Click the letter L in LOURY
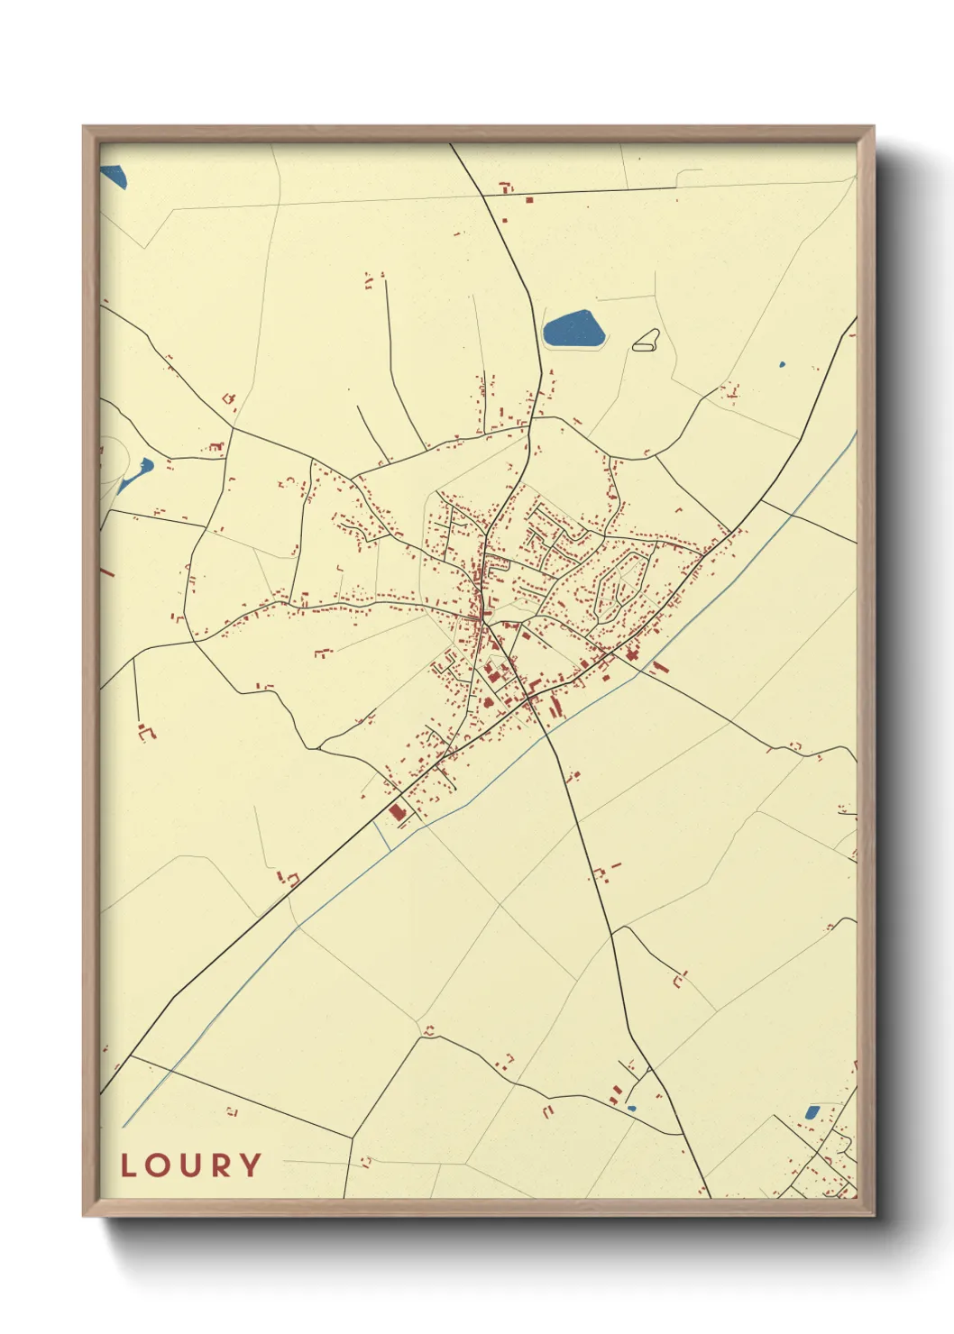(x=129, y=1165)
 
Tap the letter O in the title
(x=161, y=1165)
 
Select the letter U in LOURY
(x=192, y=1165)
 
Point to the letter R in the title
(x=222, y=1165)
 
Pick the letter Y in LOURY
(x=252, y=1165)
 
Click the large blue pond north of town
(x=573, y=328)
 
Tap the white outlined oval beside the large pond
(x=646, y=341)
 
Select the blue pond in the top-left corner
(x=114, y=177)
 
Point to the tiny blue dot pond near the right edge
(x=782, y=365)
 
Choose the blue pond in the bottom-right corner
(x=812, y=1112)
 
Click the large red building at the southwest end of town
(x=397, y=813)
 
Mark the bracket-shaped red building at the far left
(x=146, y=732)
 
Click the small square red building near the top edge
(x=529, y=199)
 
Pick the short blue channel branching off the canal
(x=381, y=835)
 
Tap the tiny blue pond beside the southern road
(x=631, y=1108)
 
